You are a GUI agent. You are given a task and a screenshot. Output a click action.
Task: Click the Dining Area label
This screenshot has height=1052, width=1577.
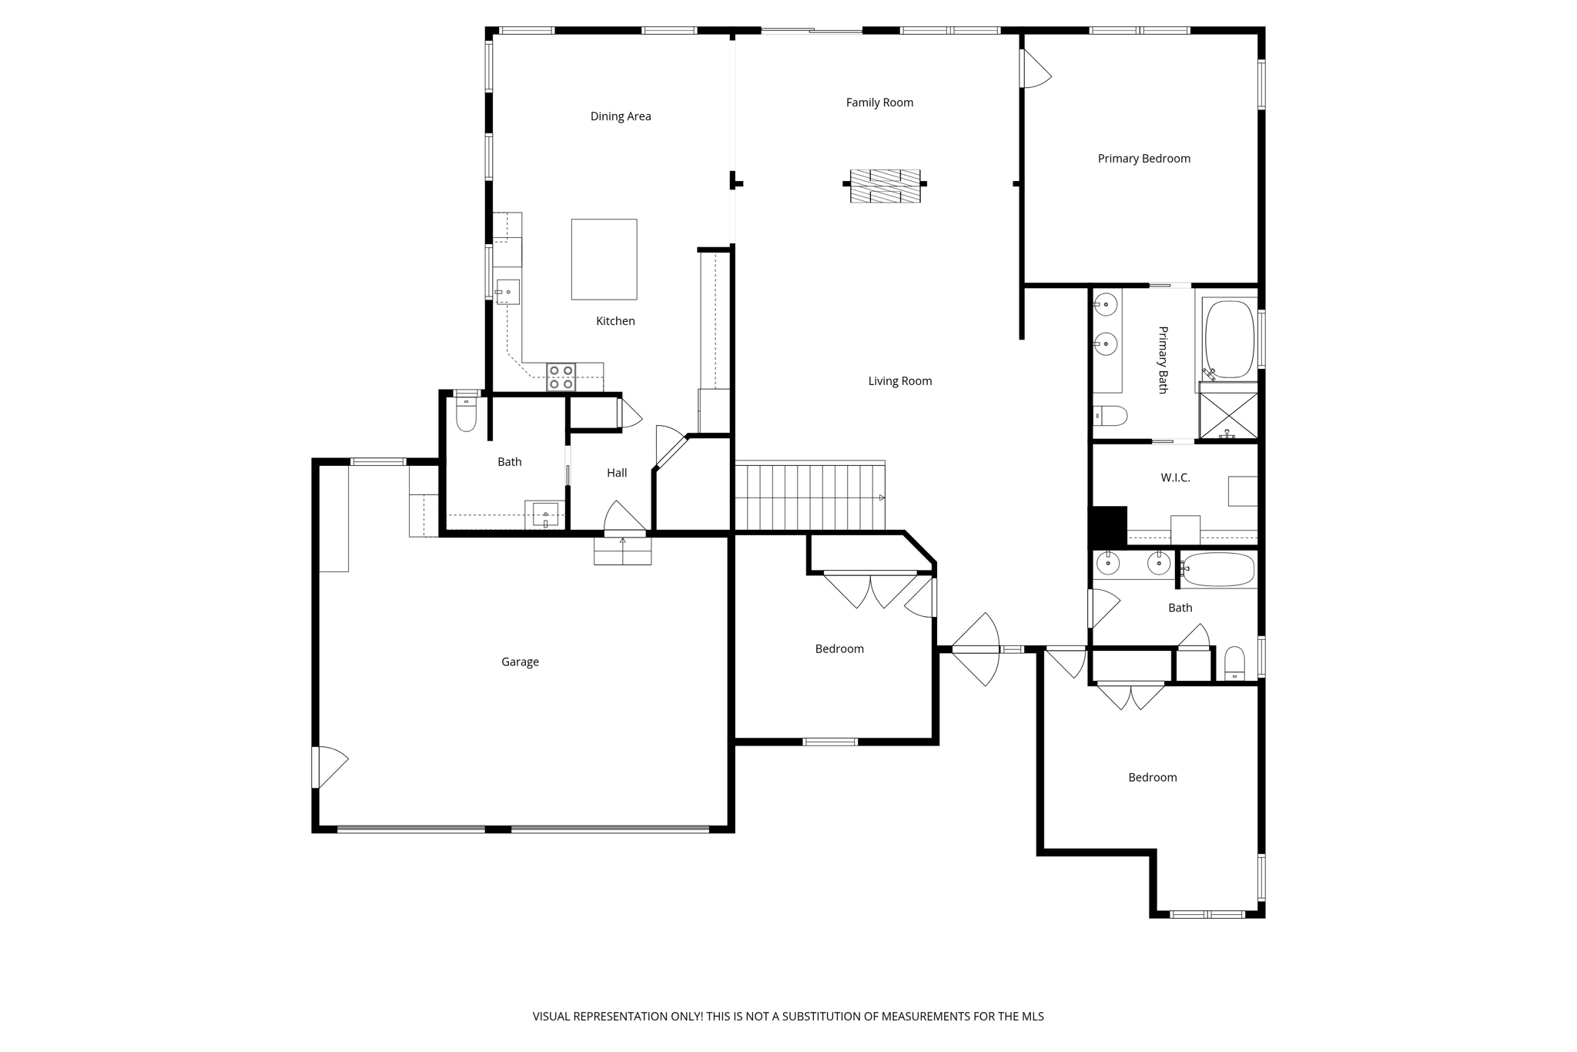(x=621, y=116)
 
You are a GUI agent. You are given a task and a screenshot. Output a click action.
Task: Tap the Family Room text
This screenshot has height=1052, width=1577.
(x=879, y=102)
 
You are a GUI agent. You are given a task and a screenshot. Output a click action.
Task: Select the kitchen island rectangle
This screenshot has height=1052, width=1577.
(x=604, y=260)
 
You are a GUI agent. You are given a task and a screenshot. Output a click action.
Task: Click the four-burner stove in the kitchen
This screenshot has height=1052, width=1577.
(x=561, y=377)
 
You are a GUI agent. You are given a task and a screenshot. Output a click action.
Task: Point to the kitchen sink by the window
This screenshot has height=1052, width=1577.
(x=507, y=293)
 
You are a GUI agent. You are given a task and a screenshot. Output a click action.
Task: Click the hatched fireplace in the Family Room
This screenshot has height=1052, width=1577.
(x=885, y=186)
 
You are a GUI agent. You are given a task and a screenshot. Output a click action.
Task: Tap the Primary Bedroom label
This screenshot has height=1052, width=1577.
(x=1143, y=159)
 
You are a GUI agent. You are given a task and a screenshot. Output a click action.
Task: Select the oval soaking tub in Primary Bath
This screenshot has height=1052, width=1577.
(x=1229, y=339)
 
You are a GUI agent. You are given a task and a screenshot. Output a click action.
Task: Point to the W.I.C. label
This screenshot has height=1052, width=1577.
(x=1175, y=478)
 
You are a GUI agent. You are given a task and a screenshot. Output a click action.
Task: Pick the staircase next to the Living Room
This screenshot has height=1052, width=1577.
(x=809, y=498)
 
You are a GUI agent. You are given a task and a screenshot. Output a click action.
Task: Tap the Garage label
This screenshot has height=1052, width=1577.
(x=520, y=662)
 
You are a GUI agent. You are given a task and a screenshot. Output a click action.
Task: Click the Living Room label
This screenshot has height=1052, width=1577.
(x=899, y=381)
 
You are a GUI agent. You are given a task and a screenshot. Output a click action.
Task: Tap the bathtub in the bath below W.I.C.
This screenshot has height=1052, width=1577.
(x=1218, y=570)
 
